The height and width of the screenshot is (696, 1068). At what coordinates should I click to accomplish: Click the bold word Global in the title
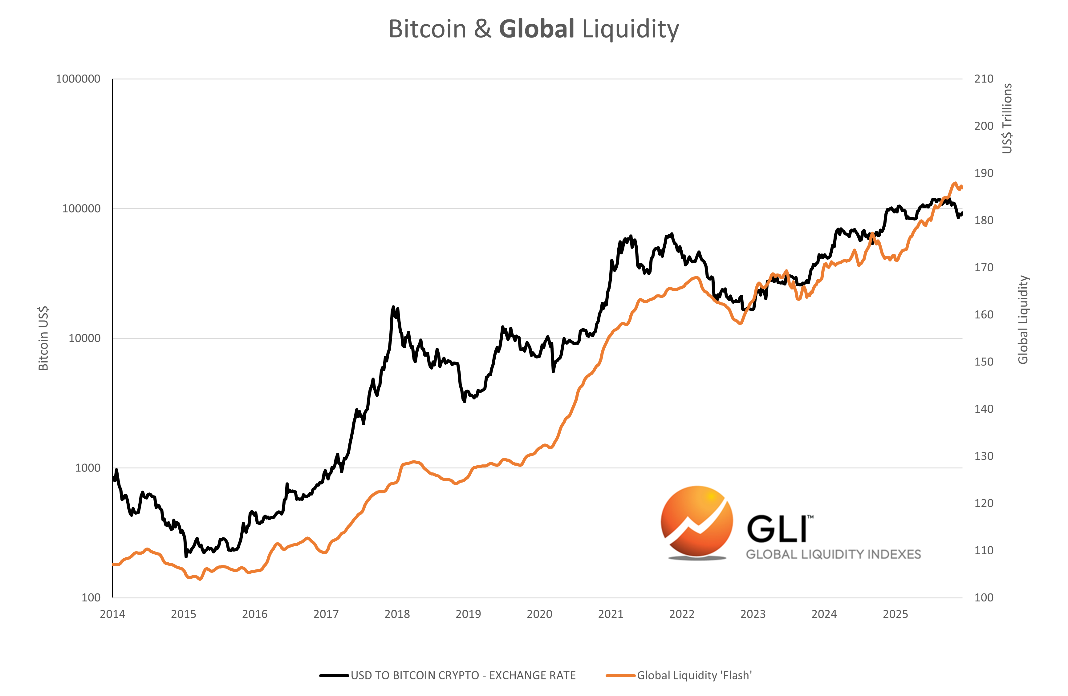(536, 29)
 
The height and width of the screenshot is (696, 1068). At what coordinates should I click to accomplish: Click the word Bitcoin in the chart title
(427, 29)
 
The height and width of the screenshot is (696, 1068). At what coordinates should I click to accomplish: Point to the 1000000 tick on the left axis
(78, 79)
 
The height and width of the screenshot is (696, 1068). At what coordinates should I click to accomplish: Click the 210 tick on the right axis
(984, 79)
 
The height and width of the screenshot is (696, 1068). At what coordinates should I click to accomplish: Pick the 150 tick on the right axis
(984, 362)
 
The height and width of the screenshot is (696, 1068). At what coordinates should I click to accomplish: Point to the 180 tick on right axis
(984, 220)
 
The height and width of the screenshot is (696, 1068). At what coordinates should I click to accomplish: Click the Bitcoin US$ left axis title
(43, 338)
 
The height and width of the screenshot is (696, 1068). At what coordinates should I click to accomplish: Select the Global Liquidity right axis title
(1023, 319)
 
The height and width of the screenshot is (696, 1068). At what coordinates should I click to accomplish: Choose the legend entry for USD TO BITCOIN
(462, 675)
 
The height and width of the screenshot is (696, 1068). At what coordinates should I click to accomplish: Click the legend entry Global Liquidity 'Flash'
(694, 675)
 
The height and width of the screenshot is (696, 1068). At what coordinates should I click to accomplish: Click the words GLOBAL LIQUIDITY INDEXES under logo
(833, 554)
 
